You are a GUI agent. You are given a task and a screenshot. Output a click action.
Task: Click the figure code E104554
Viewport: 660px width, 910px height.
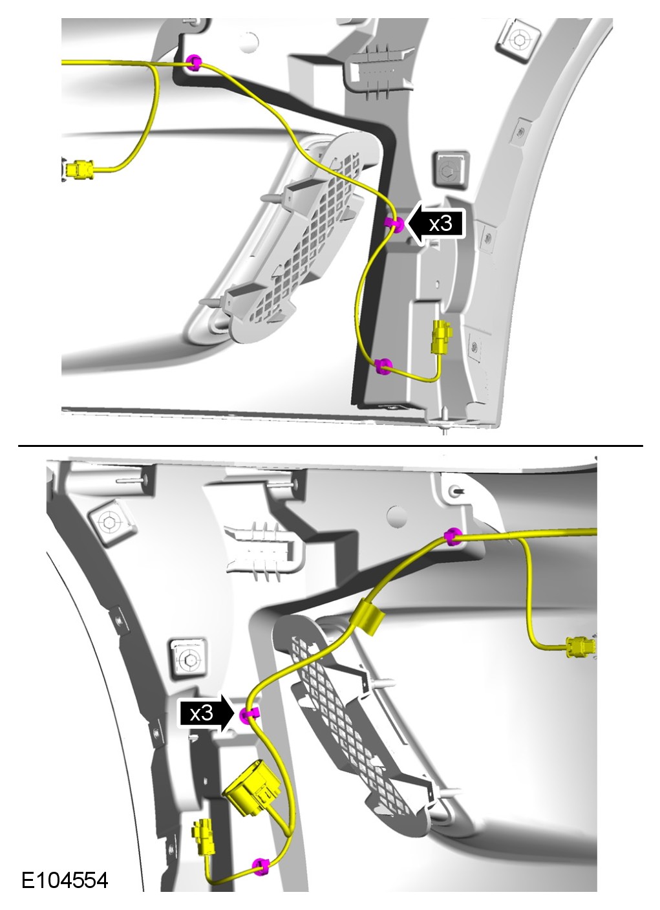point(65,880)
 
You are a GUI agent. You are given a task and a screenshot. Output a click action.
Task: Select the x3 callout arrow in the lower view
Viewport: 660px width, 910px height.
point(206,713)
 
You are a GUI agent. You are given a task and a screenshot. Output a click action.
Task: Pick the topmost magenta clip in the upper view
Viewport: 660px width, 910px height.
point(193,62)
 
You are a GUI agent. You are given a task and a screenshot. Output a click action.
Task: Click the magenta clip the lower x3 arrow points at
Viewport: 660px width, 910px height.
point(248,713)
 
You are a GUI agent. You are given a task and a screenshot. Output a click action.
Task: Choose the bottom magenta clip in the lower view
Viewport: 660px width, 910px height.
point(260,866)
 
